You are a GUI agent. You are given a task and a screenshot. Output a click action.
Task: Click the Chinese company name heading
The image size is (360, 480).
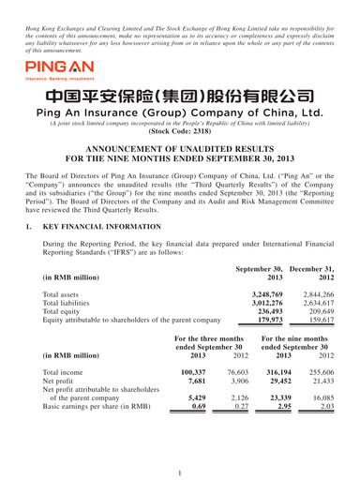click(180, 121)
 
